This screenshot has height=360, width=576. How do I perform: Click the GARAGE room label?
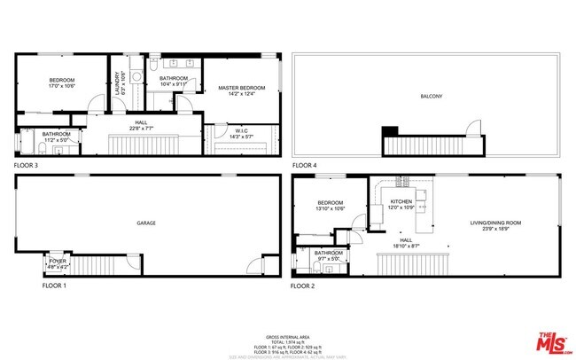coord(145,223)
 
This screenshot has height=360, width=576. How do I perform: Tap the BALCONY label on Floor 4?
coord(432,96)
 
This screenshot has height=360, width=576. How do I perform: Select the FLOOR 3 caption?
coord(27,166)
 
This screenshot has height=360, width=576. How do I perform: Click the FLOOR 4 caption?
coord(306,166)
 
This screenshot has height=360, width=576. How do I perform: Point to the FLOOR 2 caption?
coord(304,286)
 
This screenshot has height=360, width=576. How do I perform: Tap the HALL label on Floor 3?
coord(141,122)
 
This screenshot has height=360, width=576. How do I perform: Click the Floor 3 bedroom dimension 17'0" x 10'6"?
coord(61,87)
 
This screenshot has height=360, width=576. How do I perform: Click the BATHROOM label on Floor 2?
coord(329,253)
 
